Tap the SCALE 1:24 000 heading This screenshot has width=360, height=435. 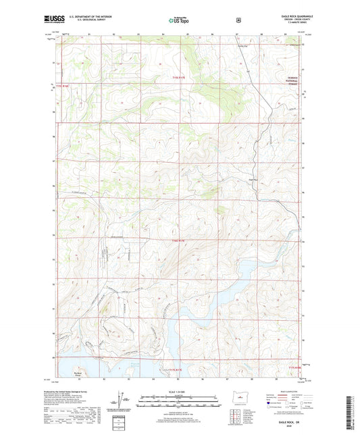coord(180,390)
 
